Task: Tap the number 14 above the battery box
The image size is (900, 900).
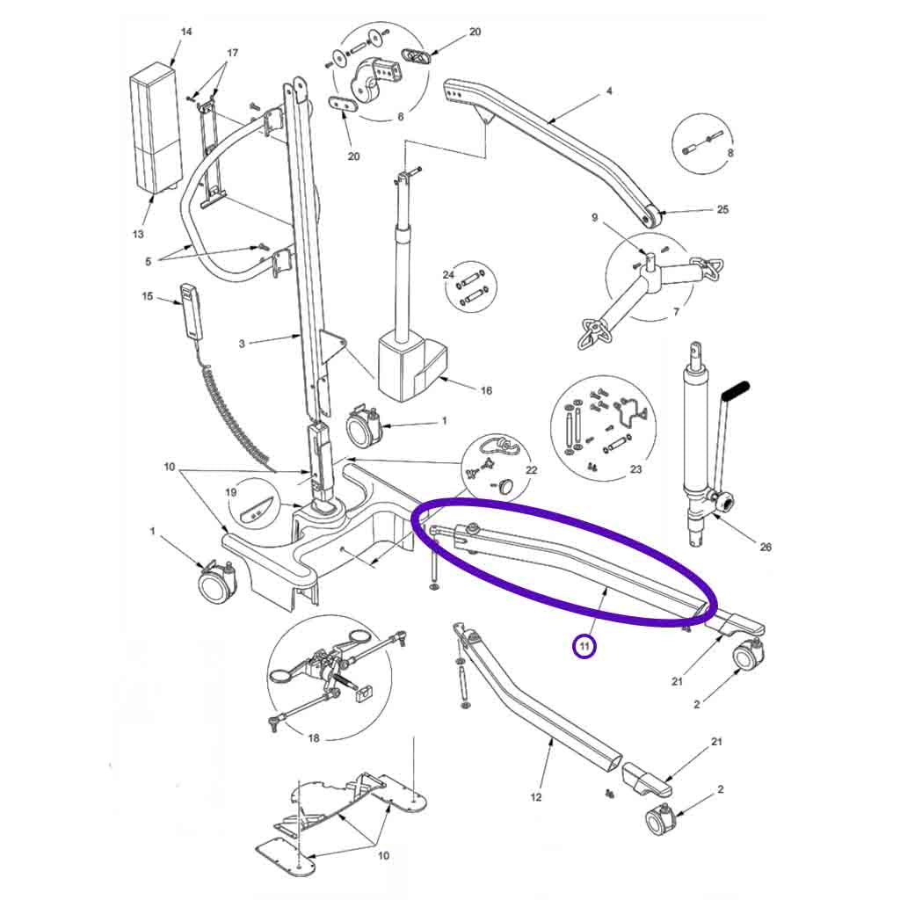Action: pos(185,33)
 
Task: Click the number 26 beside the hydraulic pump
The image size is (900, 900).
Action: pos(765,547)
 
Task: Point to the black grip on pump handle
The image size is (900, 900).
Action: pos(736,388)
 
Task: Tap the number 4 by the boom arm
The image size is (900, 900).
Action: pos(609,91)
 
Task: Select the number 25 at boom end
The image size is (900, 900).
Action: pos(722,210)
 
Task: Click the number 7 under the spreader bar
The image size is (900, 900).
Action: pos(676,312)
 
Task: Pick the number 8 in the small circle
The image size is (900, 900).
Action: pos(729,152)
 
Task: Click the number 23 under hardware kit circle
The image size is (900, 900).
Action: pos(635,469)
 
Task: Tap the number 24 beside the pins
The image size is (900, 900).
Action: pos(448,275)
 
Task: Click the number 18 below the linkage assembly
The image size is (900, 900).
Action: pos(314,737)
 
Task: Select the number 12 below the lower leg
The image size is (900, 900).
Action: pos(536,797)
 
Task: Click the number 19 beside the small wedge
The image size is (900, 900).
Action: pos(231,493)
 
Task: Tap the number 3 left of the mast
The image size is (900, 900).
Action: pos(242,344)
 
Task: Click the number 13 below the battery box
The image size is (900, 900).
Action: pos(138,234)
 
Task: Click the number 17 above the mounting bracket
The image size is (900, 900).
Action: pos(232,54)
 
